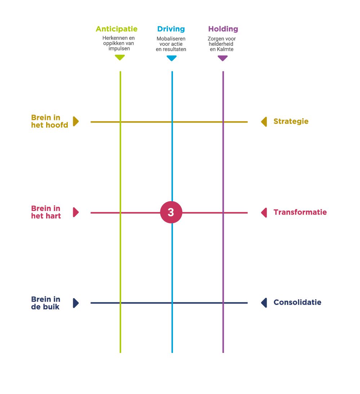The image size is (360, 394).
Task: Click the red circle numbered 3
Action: [x=171, y=212]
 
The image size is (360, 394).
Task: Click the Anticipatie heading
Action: [x=116, y=29]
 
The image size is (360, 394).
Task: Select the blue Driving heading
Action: [x=171, y=29]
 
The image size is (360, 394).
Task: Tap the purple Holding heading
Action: [x=223, y=29]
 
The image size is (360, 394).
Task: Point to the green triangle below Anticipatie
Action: [x=120, y=57]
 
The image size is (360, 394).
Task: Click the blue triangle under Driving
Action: [x=172, y=58]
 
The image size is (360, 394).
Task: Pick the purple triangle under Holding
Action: [x=223, y=58]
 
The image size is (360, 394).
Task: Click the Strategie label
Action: [x=291, y=121]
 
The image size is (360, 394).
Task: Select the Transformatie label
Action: [x=300, y=212]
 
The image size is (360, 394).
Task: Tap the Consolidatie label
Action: [x=297, y=302]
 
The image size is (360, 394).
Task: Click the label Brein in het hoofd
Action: [x=49, y=121]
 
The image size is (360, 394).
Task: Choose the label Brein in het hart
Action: [x=46, y=212]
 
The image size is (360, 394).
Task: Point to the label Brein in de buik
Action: [x=45, y=303]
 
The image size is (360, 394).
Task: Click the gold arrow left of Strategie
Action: [x=264, y=122]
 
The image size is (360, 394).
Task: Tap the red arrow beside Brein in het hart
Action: [x=76, y=212]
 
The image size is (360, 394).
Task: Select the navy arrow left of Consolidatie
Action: [x=264, y=303]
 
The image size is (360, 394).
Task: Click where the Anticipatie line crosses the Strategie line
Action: [x=120, y=122]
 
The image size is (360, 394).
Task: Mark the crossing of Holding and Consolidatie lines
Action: [x=223, y=303]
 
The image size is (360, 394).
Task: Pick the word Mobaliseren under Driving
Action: [x=171, y=39]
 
